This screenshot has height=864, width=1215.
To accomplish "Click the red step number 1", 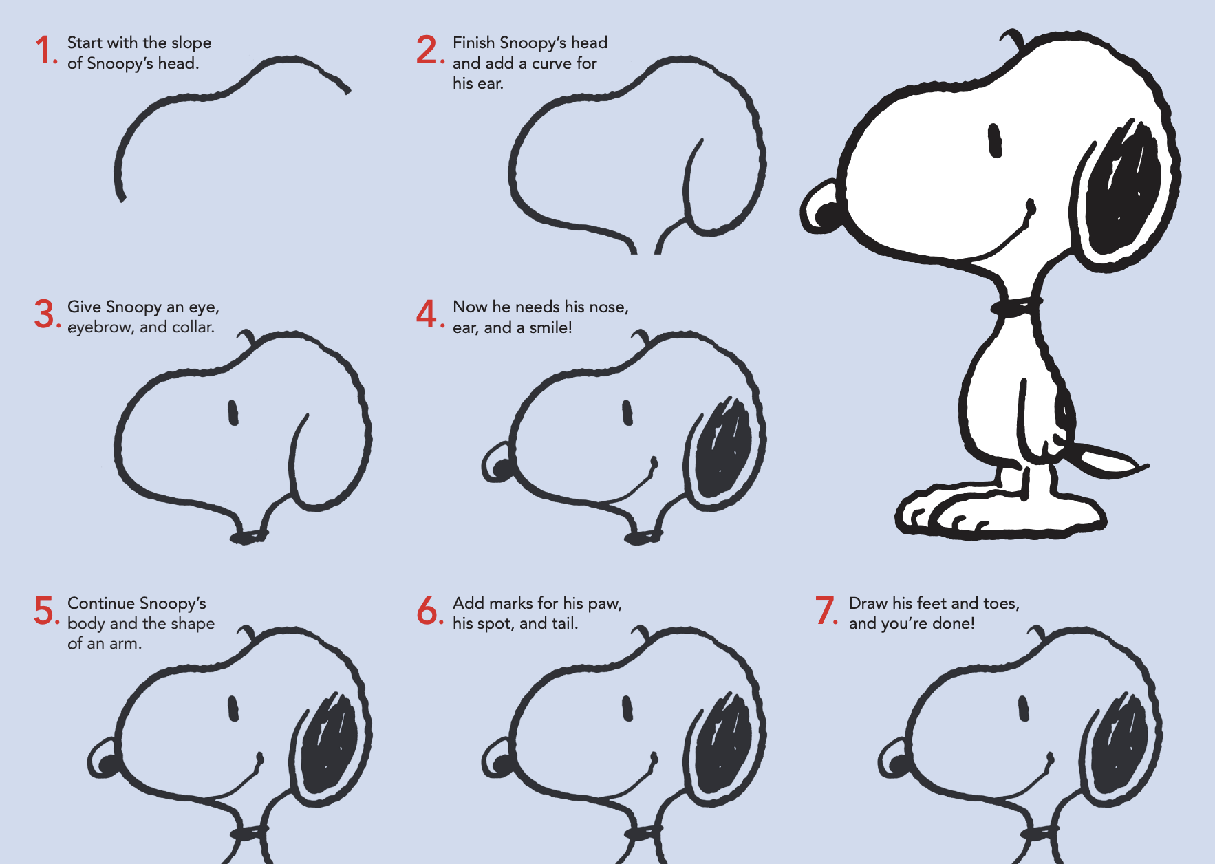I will tap(45, 51).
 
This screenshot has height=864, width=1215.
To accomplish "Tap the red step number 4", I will tap(427, 314).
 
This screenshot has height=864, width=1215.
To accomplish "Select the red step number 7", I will tap(825, 611).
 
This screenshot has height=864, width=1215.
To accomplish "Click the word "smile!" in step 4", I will tap(550, 328).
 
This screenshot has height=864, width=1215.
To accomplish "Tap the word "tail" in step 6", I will tap(562, 624).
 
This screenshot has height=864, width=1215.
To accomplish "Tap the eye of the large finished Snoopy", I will tap(995, 140).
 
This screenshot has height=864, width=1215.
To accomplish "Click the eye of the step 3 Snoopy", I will tap(233, 413).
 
